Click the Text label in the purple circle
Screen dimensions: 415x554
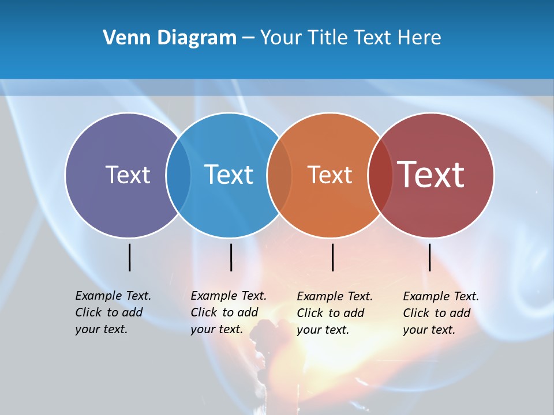pos(128,175)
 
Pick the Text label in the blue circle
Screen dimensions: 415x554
pos(229,175)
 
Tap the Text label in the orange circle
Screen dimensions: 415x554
pos(330,175)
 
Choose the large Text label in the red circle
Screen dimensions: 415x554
pos(431,175)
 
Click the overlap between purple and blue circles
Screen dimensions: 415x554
pos(178,175)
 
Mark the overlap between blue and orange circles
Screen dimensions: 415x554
pos(279,175)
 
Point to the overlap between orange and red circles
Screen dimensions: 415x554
pos(380,175)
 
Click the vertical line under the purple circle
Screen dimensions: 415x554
pos(129,257)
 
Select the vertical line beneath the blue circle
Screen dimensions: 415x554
pos(231,257)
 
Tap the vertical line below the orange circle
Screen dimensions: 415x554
pos(332,257)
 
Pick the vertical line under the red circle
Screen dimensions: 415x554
pos(429,257)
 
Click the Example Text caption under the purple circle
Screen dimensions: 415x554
pos(113,312)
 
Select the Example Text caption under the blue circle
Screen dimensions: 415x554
pos(228,312)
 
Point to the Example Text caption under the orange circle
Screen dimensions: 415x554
pos(334,313)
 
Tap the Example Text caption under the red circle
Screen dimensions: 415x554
pos(440,313)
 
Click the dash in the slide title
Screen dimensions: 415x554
pos(248,39)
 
